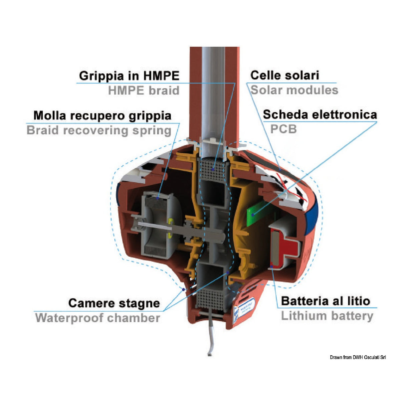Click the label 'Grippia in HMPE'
point(129,76)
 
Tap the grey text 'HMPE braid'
point(143,90)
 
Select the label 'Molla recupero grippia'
point(102,115)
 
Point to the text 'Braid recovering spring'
point(99,130)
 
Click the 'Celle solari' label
point(285,75)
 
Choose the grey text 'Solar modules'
point(294,90)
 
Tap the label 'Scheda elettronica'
point(320,114)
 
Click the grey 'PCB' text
point(283,129)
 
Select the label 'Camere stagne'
point(114,303)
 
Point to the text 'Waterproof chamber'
point(97,318)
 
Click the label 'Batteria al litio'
point(326,301)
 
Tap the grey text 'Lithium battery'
point(327,316)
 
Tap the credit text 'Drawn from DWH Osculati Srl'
point(358,357)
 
